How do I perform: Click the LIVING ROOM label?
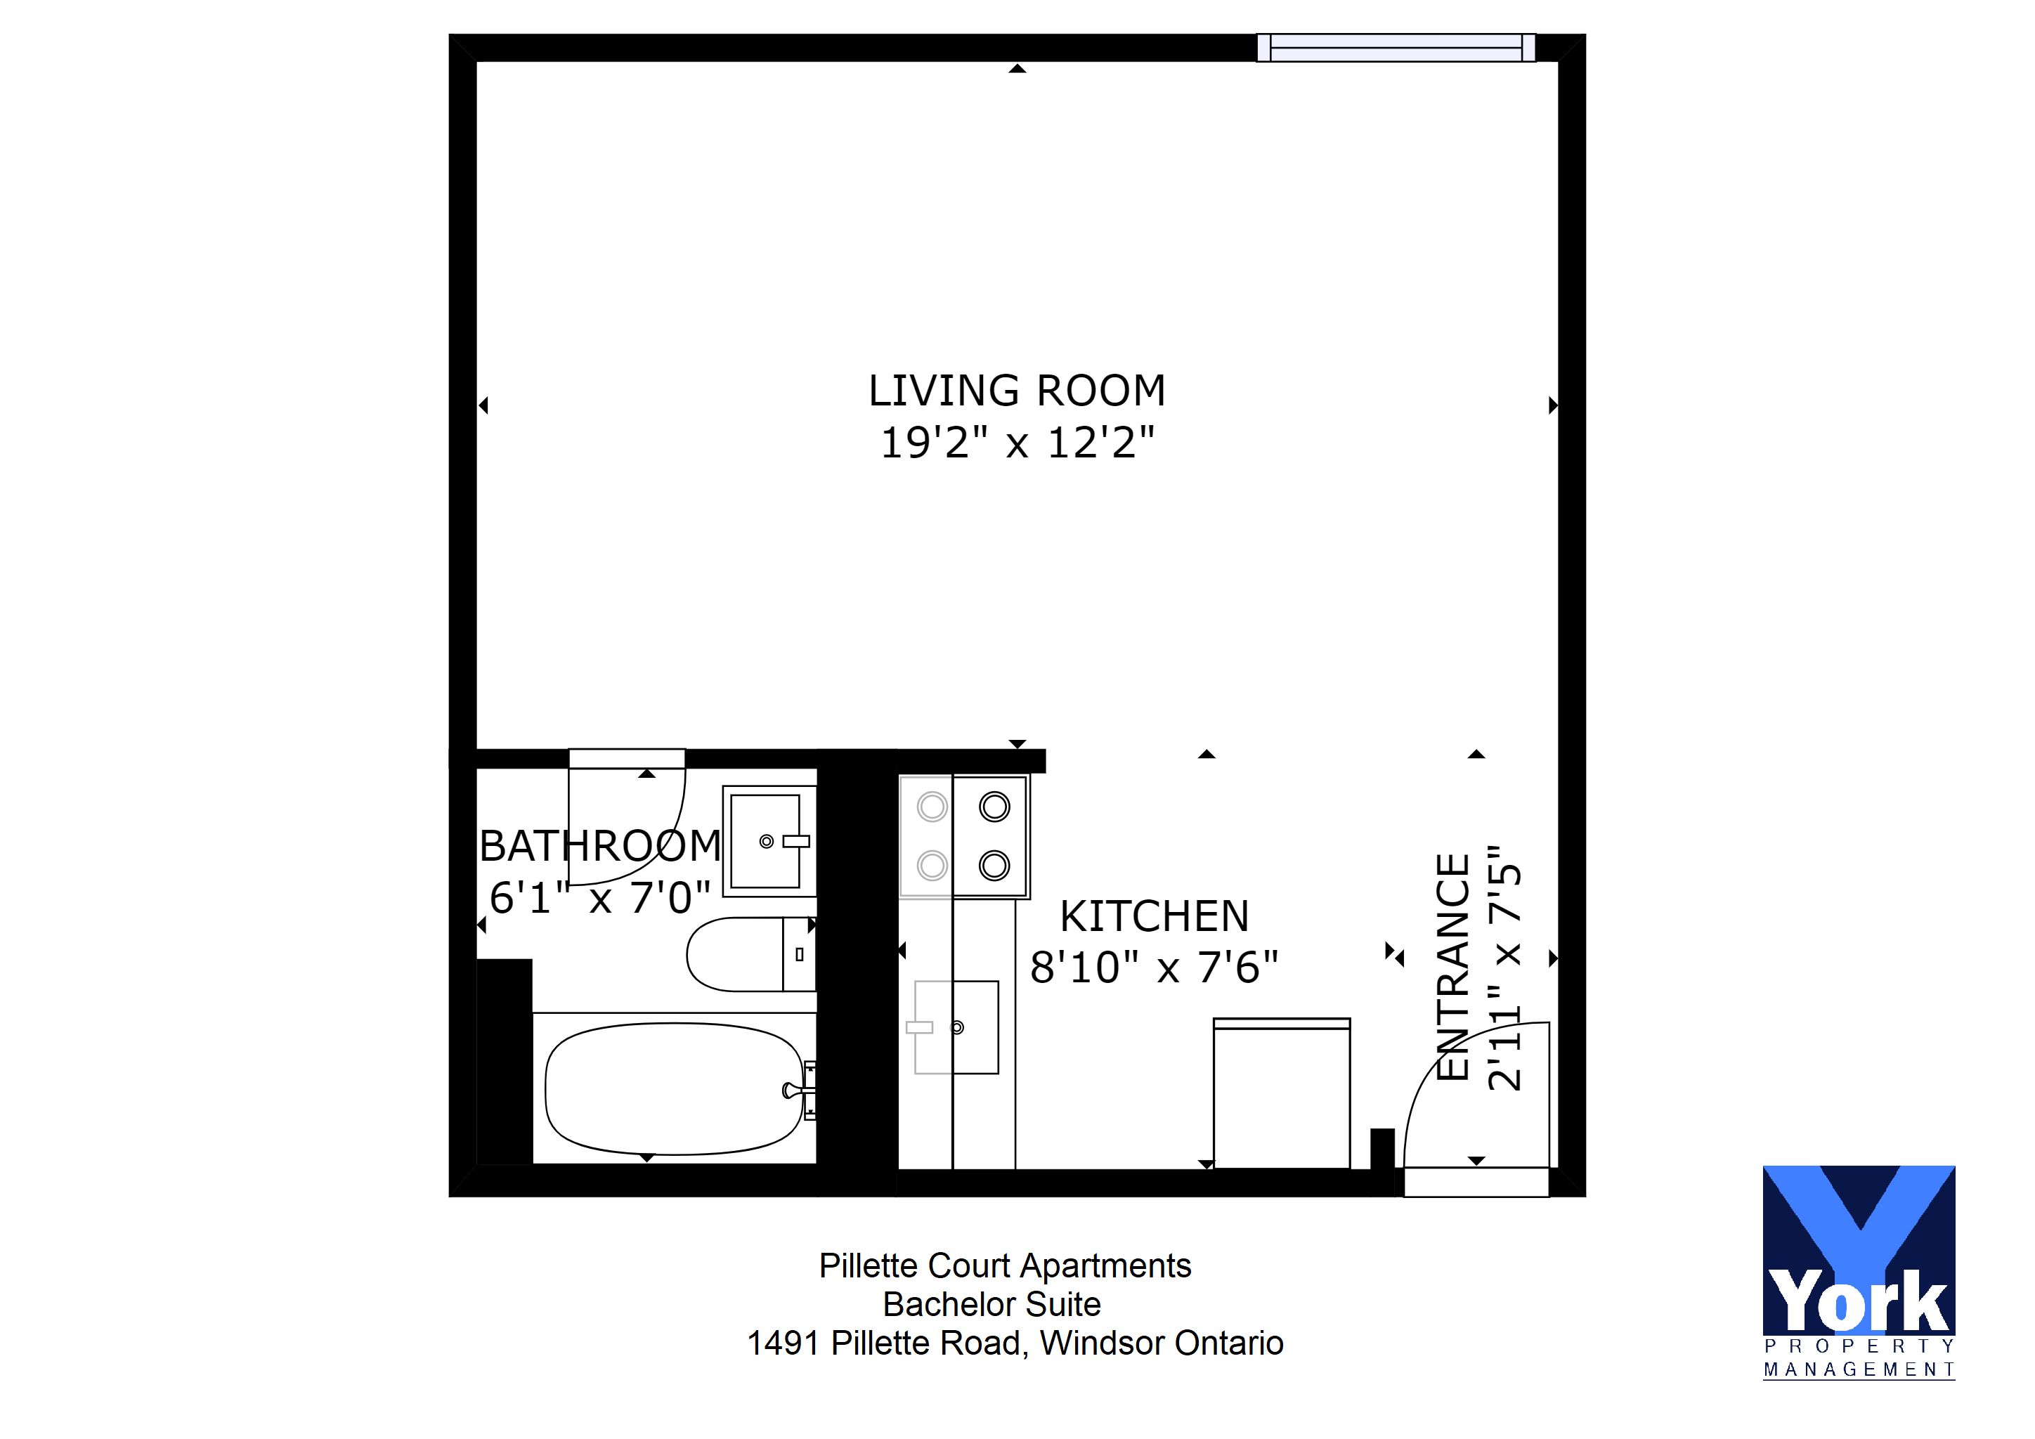click(x=1017, y=391)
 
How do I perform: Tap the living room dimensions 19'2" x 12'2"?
click(x=1017, y=442)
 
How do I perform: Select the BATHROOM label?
click(x=600, y=845)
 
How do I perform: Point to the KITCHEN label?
click(x=1154, y=916)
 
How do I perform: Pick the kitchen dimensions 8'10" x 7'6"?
click(x=1154, y=967)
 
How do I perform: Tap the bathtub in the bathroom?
click(x=675, y=1089)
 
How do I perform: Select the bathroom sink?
click(x=769, y=841)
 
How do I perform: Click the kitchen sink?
click(x=956, y=1027)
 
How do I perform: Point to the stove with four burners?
click(x=963, y=836)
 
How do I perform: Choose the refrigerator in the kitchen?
click(x=1282, y=1093)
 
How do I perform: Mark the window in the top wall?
click(x=1396, y=48)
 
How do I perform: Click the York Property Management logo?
click(x=1859, y=1272)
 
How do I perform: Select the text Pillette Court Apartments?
click(x=1005, y=1265)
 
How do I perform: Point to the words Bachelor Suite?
click(x=992, y=1304)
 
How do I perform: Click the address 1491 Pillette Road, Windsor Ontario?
click(x=1015, y=1343)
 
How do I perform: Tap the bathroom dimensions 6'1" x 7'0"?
click(x=600, y=897)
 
